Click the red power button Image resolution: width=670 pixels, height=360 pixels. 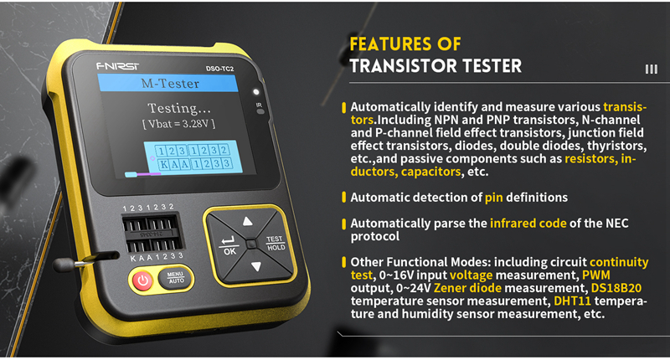coord(142,281)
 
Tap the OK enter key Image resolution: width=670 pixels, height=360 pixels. coord(228,245)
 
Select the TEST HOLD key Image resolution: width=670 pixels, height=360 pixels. coord(275,243)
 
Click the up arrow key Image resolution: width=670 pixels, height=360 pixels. coord(247,220)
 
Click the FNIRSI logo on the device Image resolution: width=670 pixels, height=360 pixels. coord(117,66)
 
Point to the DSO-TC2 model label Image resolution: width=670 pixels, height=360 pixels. coord(219,69)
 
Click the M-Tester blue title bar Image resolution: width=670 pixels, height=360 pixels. coord(168,83)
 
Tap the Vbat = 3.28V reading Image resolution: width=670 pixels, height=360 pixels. coord(178,124)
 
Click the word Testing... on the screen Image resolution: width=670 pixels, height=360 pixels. coord(178,108)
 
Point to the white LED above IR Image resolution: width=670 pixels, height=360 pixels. coord(256,92)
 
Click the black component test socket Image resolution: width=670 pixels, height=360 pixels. coord(152,234)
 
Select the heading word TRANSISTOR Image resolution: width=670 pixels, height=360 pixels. coord(403,66)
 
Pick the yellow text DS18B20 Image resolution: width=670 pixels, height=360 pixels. coord(616,288)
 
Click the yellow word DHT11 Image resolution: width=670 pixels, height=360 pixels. coord(572,301)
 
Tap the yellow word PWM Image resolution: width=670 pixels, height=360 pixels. coord(596,275)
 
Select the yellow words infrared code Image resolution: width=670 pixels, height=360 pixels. coord(528,224)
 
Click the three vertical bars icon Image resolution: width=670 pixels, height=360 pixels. coord(652,69)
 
